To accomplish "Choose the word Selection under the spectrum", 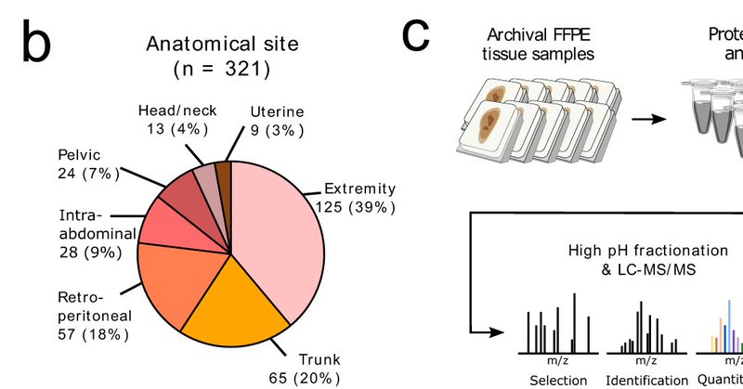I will click(x=557, y=380).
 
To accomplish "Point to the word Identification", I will click(x=647, y=380).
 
